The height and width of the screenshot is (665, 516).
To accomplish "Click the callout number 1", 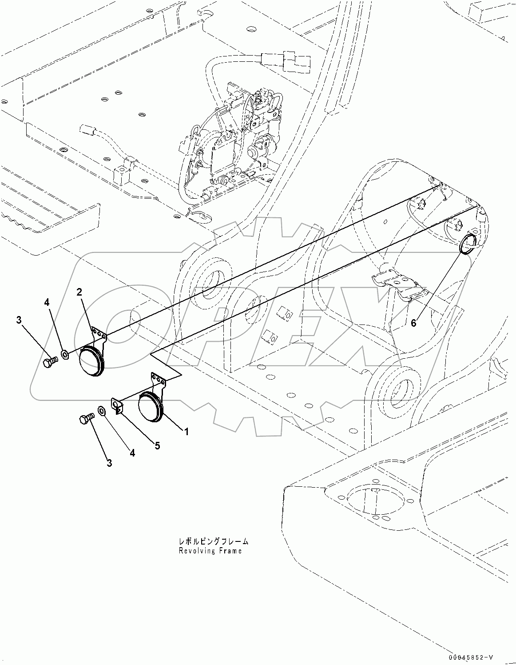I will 187,431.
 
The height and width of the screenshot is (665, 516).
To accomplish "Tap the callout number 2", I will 79,292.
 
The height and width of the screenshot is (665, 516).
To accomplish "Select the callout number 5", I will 157,445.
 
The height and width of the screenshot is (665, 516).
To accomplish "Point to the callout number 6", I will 413,323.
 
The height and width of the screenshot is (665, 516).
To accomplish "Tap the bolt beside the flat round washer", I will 86,419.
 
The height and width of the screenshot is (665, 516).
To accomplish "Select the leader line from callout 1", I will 173,422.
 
